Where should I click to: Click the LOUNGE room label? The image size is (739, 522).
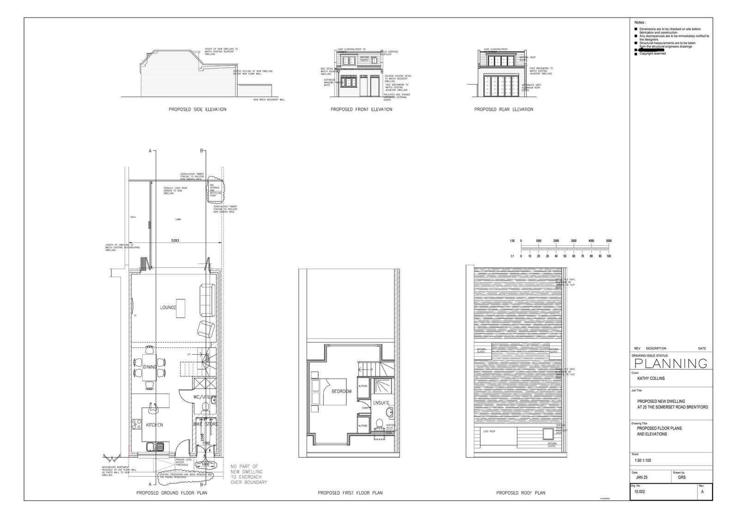(168, 308)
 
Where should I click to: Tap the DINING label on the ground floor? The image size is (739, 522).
(149, 367)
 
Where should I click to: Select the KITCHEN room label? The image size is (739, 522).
(154, 425)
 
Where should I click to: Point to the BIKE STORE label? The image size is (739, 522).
(206, 424)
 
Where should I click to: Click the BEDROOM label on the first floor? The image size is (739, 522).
(341, 391)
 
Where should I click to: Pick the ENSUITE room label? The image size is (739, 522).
(381, 403)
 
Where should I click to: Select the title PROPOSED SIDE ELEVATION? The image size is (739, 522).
(197, 109)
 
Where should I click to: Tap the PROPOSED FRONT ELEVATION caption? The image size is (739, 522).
(361, 109)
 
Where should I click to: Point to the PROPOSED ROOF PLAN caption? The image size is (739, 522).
(521, 493)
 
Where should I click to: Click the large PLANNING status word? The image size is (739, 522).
(669, 364)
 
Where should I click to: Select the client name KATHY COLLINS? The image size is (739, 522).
(651, 378)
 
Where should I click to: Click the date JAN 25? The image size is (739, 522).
(642, 478)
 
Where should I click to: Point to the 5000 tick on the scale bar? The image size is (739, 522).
(608, 241)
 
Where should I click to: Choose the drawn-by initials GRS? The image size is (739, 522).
(682, 478)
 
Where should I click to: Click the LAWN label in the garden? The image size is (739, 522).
(178, 220)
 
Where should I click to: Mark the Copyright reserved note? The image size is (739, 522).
(652, 54)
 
